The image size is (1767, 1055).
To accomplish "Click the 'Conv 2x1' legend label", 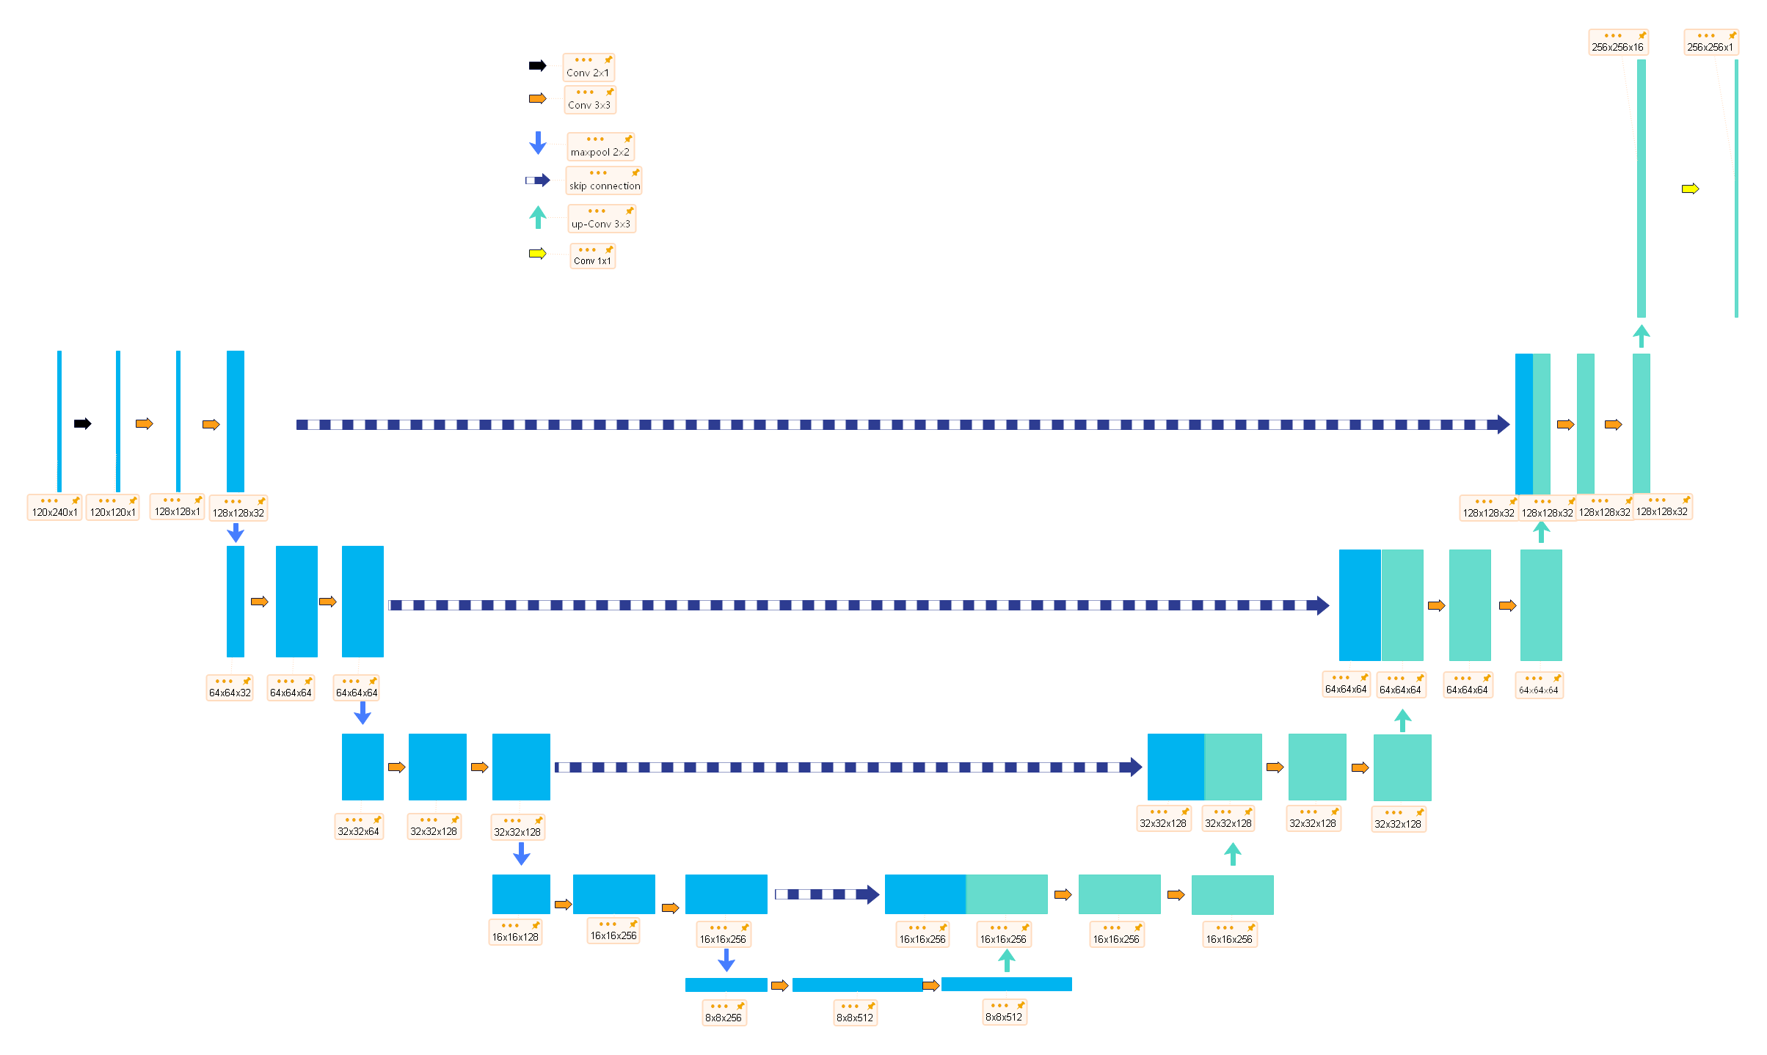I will point(588,73).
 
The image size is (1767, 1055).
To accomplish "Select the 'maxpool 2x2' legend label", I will point(600,152).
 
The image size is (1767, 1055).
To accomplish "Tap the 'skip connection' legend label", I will point(605,186).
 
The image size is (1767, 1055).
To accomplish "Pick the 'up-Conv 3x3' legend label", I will point(601,224).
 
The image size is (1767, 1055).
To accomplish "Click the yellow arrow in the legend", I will point(538,254).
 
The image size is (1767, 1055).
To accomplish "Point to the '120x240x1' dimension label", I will point(54,512).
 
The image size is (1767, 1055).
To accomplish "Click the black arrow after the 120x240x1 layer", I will point(83,424).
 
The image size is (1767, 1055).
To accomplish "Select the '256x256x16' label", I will point(1617,47).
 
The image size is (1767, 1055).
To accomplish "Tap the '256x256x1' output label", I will point(1710,47).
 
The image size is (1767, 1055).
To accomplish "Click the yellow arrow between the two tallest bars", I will point(1690,189).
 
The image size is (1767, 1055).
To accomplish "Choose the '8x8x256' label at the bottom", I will point(724,1018).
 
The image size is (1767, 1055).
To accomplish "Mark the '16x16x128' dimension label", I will point(515,937).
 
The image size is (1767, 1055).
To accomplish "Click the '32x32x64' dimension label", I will point(358,831).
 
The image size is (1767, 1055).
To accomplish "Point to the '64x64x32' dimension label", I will point(230,693).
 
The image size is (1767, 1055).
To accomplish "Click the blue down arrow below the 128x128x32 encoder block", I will point(236,533).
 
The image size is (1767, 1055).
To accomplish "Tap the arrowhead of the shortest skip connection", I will point(872,894).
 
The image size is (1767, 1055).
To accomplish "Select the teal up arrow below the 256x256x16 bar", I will point(1642,337).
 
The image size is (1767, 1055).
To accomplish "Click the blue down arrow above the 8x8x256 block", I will point(726,960).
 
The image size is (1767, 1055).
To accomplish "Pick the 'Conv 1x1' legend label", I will point(592,260).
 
